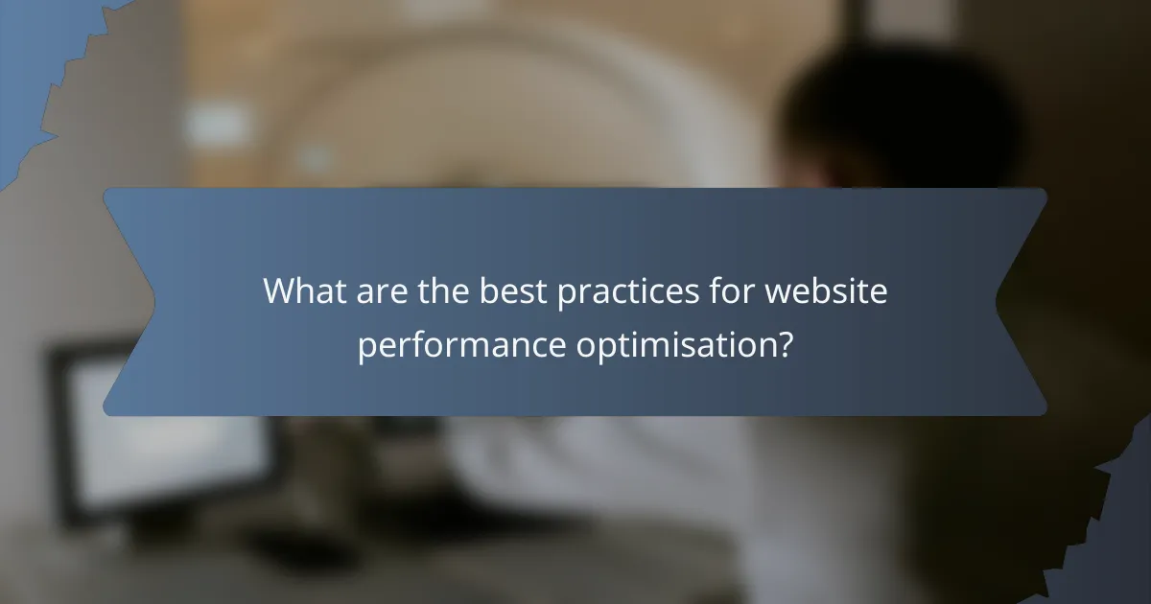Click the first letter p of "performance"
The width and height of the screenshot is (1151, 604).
[365, 347]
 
